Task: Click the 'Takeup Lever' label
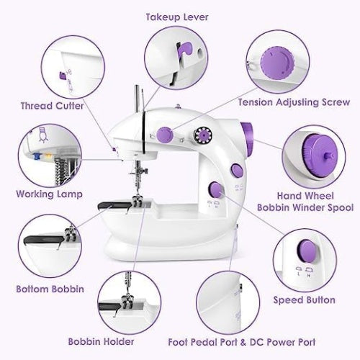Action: [173, 17]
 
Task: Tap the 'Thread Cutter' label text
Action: [51, 106]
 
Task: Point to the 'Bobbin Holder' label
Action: [100, 341]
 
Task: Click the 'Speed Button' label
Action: [303, 300]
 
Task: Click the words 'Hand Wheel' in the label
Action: [303, 194]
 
